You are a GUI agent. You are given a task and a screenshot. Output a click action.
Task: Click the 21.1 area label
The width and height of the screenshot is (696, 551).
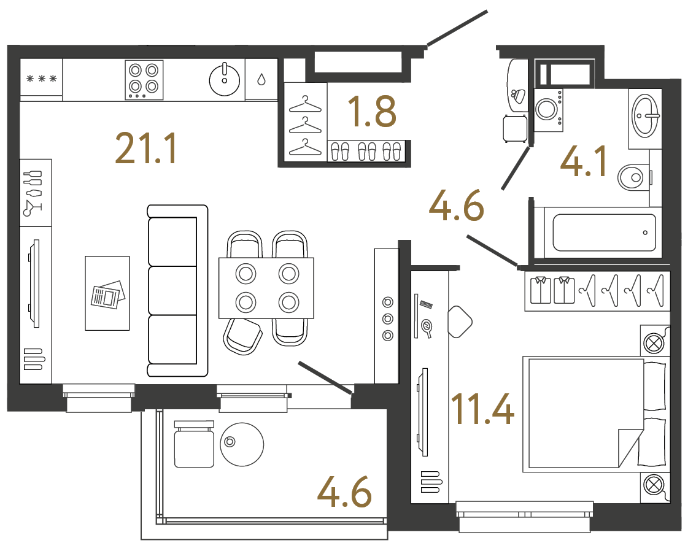pyautogui.click(x=146, y=149)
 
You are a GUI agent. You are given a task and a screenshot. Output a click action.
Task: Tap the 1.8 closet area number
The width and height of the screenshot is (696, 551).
pyautogui.click(x=371, y=111)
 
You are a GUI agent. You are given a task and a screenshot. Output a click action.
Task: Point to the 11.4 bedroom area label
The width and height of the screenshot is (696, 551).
pyautogui.click(x=482, y=409)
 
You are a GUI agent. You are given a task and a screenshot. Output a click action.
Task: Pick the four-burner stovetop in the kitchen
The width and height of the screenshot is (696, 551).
pyautogui.click(x=144, y=79)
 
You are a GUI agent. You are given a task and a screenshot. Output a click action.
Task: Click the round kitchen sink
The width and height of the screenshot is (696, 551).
pyautogui.click(x=225, y=79)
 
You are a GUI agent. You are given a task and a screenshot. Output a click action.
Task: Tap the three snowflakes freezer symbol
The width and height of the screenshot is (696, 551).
pyautogui.click(x=41, y=79)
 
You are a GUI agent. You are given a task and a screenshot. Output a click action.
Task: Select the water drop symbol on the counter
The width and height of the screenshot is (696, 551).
pyautogui.click(x=261, y=79)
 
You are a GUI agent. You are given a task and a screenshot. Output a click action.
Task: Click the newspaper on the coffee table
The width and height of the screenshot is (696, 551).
pyautogui.click(x=107, y=295)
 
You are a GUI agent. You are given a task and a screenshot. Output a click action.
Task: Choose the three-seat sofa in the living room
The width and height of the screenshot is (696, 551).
pyautogui.click(x=177, y=291)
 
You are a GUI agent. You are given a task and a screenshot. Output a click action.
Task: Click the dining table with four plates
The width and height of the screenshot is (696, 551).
pyautogui.click(x=266, y=288)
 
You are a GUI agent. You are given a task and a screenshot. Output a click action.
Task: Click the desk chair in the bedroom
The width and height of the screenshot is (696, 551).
pyautogui.click(x=460, y=322)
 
